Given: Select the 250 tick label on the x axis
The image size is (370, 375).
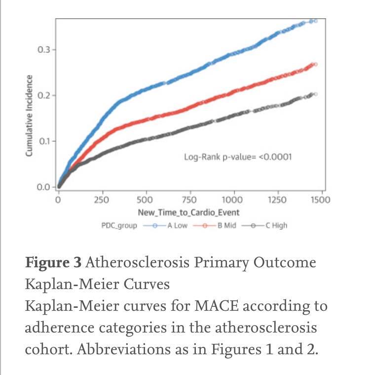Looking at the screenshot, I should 102,200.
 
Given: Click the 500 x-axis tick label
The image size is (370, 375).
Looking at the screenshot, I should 145,200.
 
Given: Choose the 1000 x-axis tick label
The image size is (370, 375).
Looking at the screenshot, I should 232,200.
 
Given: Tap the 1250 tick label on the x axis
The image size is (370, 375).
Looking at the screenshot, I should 277,200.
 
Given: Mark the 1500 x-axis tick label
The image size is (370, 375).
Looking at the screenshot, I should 321,200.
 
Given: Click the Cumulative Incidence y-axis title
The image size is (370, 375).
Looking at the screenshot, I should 29,116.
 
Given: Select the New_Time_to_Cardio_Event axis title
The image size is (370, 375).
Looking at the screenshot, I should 188,212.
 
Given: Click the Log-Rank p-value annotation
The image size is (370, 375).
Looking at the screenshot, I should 238,158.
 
